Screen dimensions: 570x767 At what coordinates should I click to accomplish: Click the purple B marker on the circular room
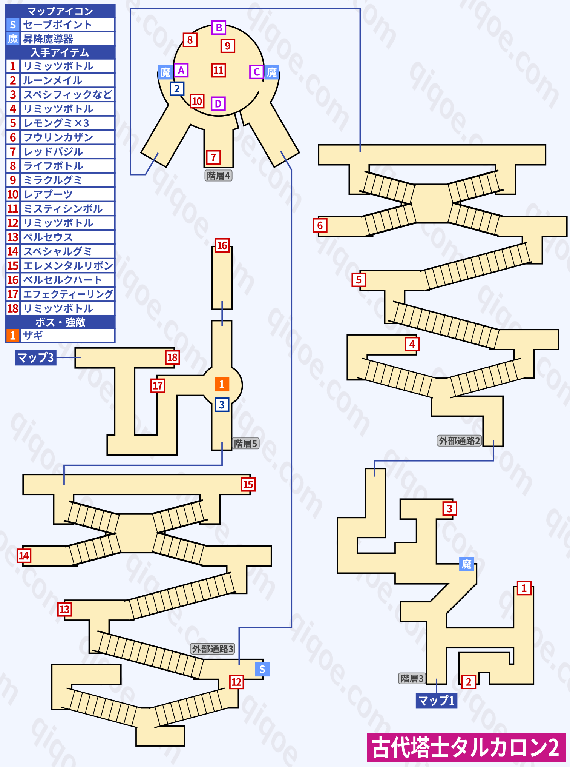point(219,28)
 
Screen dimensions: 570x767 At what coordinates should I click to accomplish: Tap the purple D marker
point(218,103)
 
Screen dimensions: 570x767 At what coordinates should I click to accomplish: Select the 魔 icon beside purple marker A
point(165,72)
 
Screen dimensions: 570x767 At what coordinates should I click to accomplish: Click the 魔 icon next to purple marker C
point(272,72)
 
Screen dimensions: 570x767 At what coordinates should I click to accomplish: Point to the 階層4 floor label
point(218,176)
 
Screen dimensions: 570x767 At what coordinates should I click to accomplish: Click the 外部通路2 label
point(459,440)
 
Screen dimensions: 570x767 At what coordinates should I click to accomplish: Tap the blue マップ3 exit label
point(36,357)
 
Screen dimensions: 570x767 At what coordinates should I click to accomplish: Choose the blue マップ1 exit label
point(437,701)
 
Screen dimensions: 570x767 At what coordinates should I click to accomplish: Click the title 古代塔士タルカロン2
point(466,747)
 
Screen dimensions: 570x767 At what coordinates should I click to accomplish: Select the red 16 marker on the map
point(222,246)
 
